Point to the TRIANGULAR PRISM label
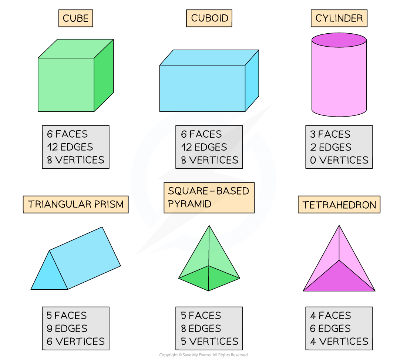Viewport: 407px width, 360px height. [x=75, y=205]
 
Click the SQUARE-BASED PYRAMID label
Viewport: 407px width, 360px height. [x=209, y=198]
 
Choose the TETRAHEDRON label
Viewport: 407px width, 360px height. [x=339, y=205]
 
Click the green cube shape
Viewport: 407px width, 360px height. [x=67, y=84]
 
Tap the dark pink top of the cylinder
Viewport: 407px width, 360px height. [x=339, y=40]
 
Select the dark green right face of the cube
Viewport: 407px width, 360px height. [x=104, y=76]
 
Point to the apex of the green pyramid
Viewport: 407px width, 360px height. [x=209, y=227]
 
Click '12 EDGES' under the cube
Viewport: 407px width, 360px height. [x=70, y=147]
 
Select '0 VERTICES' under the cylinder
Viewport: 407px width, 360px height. [x=339, y=160]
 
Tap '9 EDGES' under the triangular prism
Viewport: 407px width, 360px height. [x=67, y=329]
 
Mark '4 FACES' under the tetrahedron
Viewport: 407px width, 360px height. [x=330, y=316]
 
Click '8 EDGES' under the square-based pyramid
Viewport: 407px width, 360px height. [x=201, y=329]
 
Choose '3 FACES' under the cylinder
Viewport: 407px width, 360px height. [x=330, y=134]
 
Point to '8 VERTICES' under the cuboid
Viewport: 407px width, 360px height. [x=209, y=160]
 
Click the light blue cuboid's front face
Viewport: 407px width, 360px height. [x=202, y=88]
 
